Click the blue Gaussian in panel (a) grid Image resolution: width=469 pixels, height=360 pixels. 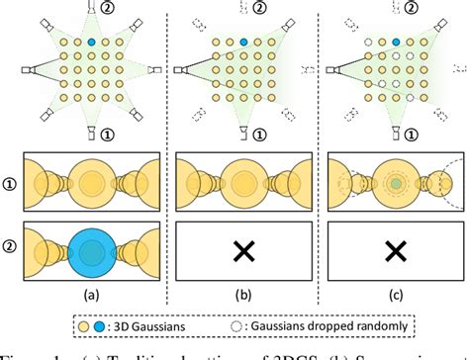pos(90,44)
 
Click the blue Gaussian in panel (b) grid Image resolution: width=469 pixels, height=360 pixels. pos(243,44)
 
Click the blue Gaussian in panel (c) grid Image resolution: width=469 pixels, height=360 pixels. pos(397,44)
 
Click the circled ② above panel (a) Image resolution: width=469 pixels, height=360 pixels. pos(108,9)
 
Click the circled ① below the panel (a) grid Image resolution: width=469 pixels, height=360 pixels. pos(108,134)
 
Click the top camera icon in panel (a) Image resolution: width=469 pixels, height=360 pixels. pos(90,8)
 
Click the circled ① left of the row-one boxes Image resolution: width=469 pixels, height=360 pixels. pos(9,183)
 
